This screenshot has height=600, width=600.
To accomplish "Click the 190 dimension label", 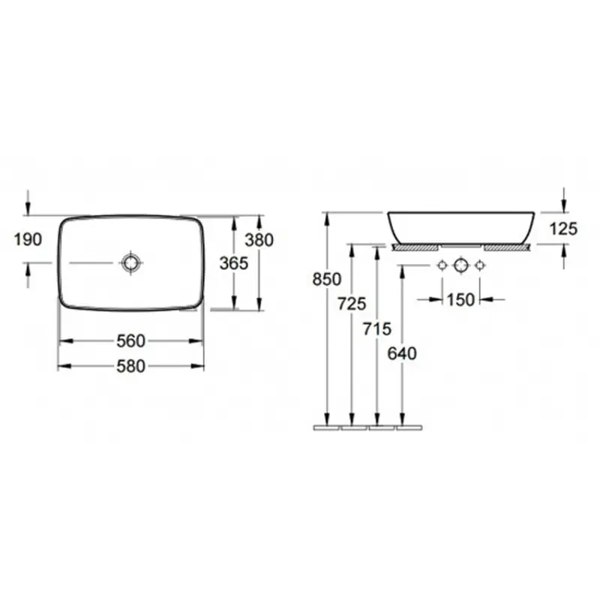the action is point(28,239).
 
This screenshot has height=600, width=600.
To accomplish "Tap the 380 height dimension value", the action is point(259,240).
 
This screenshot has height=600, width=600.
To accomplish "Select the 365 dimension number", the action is point(234,263).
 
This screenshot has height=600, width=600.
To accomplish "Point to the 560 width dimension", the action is point(130,341).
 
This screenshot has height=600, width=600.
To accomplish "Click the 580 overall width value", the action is point(130,366).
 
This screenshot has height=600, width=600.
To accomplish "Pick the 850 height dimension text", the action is point(326,279).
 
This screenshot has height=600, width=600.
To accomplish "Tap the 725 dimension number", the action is point(352,304).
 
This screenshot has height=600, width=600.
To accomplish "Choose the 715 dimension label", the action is point(377,328).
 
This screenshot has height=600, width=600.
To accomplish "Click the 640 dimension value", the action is point(402,353).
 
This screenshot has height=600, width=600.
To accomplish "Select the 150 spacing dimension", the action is point(460,299).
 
